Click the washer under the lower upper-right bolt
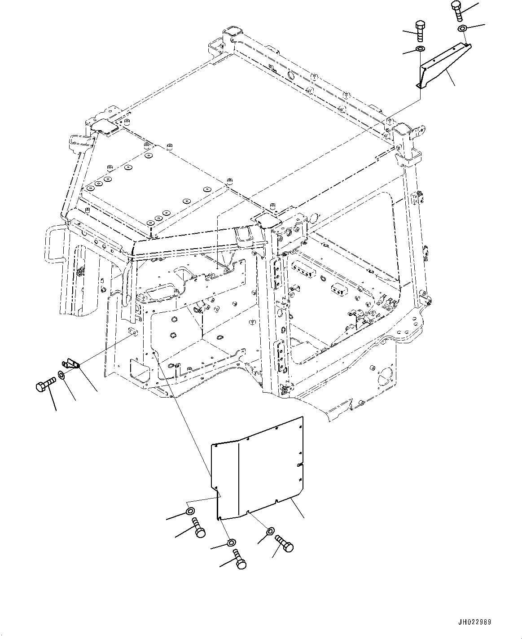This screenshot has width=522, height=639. tap(420, 49)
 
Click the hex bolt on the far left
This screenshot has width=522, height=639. tap(44, 385)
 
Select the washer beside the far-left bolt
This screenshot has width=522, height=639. tap(61, 375)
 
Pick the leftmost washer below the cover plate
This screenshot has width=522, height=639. tap(189, 512)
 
